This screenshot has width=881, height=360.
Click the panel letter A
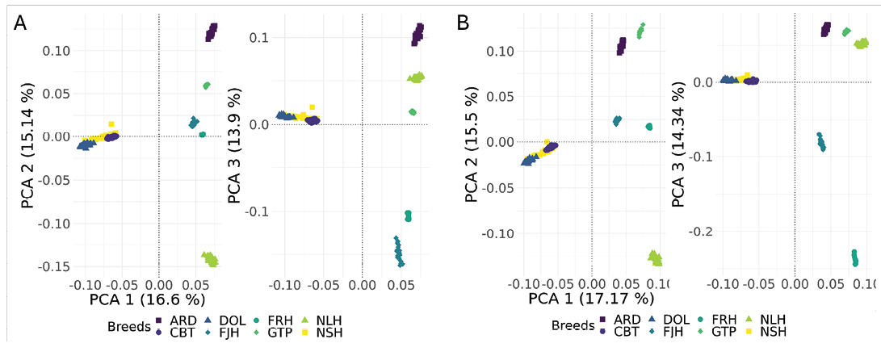click(22, 23)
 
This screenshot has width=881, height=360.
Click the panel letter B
click(464, 23)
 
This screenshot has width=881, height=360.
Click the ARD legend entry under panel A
click(182, 320)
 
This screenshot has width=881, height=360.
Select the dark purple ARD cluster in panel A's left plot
click(212, 32)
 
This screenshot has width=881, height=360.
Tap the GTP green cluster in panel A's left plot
click(207, 86)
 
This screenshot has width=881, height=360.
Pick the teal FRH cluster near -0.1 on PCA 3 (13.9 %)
click(408, 216)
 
